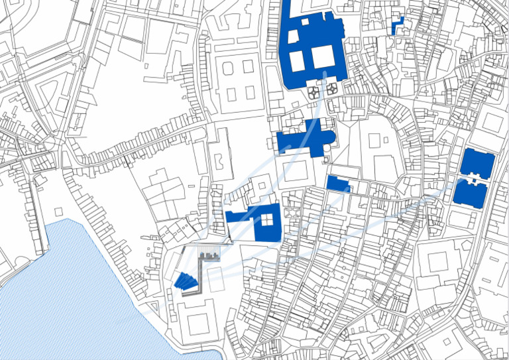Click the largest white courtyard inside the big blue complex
tap(323, 56)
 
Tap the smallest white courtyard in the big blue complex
tap(306, 21)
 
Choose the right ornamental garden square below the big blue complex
tap(331, 88)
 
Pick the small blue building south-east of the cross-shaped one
tap(337, 184)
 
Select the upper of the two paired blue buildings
tap(477, 163)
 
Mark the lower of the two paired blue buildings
tap(470, 194)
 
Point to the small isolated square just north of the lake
tap(59, 211)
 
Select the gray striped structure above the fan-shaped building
tap(209, 255)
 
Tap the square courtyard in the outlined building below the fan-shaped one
tap(198, 324)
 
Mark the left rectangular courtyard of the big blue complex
tap(297, 60)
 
